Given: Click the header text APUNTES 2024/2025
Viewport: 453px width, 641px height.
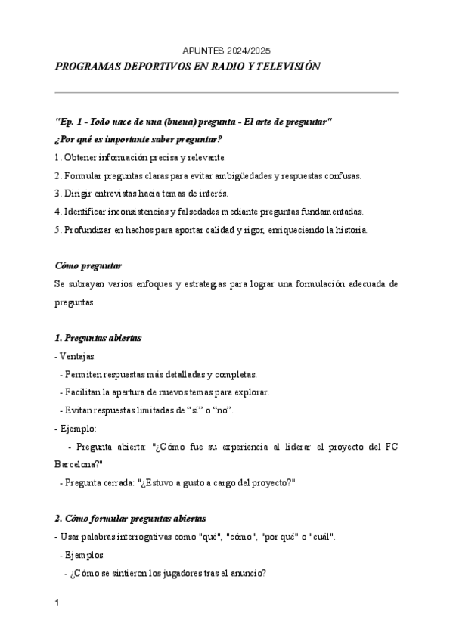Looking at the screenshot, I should click(226, 51).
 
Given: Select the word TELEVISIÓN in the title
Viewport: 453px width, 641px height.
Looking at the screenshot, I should click(287, 67).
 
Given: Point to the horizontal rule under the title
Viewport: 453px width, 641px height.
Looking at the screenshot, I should click(226, 93).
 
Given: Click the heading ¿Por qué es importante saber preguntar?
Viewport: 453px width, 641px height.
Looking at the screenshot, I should click(138, 140).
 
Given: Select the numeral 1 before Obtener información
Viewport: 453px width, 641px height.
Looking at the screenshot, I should click(57, 158).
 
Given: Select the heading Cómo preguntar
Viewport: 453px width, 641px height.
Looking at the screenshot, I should click(88, 265).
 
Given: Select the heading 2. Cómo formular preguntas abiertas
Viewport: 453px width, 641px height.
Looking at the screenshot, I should click(129, 519).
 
